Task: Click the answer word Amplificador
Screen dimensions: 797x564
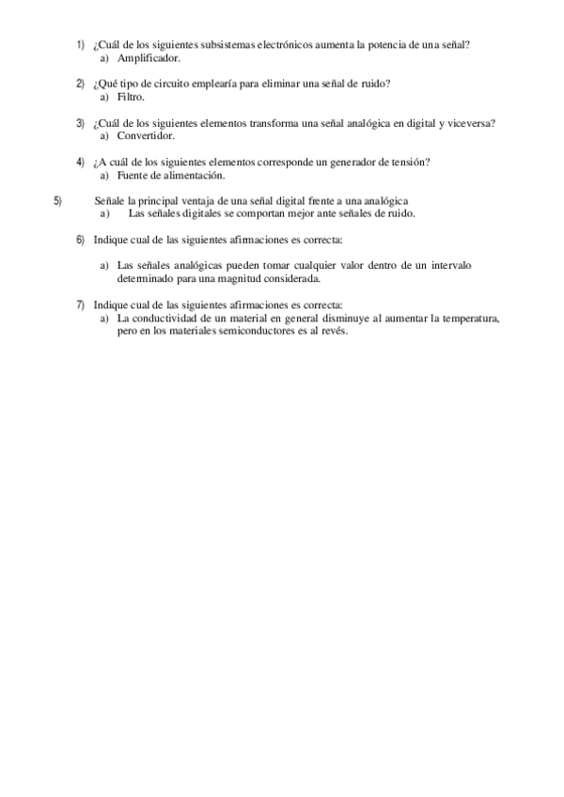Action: point(149,58)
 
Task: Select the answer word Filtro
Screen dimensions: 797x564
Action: point(132,97)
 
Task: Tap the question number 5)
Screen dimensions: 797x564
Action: point(58,200)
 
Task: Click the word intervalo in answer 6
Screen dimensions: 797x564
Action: point(451,266)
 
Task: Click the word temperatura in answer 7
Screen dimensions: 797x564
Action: point(464,318)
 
